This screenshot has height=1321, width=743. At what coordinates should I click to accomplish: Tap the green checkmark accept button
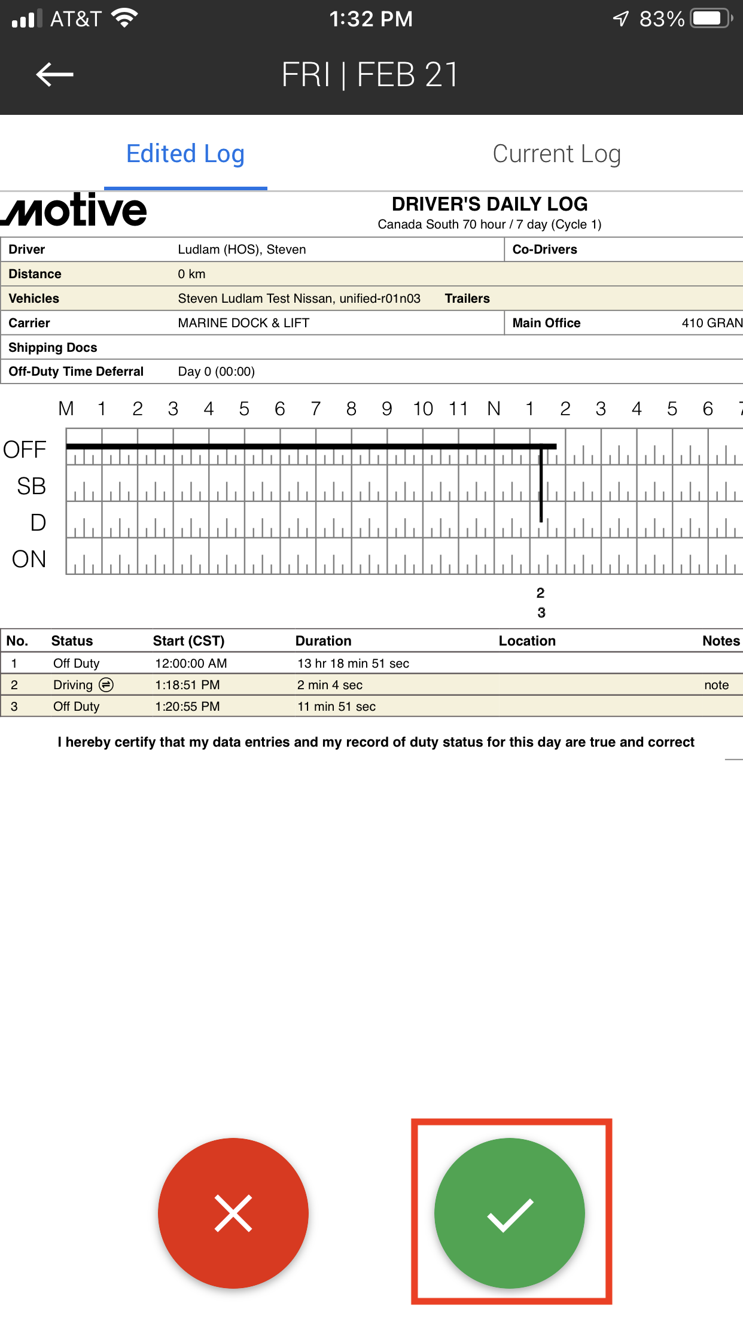tap(509, 1213)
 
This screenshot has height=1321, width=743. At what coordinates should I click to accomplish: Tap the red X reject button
tap(233, 1213)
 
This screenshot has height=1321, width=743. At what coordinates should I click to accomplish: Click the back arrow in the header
tap(54, 75)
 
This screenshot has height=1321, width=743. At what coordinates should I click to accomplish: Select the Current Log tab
tap(556, 154)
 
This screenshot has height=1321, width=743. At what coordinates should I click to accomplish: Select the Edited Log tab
tap(185, 154)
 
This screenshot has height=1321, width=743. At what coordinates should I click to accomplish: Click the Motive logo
tap(74, 210)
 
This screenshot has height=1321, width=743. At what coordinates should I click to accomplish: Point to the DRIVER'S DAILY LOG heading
tap(489, 204)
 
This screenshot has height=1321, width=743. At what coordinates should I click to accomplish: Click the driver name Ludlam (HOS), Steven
tap(242, 249)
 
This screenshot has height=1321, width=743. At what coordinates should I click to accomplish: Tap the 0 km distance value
tap(191, 274)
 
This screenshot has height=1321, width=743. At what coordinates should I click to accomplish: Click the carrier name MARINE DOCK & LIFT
tap(243, 323)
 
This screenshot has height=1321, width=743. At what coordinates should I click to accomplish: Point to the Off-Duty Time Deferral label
tap(76, 372)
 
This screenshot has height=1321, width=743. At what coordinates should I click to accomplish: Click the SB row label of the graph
tap(31, 486)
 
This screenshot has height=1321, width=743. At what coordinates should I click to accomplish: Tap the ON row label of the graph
tap(29, 559)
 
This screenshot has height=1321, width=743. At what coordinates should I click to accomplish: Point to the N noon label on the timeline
tap(494, 409)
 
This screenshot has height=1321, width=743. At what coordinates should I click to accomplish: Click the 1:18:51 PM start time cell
tap(187, 685)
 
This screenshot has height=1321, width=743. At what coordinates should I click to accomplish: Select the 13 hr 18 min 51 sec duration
tap(353, 663)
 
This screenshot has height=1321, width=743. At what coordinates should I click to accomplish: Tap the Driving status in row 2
tap(73, 685)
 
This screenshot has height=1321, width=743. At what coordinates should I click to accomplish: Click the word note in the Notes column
tap(716, 685)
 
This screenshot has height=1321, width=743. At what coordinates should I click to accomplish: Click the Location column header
tap(527, 641)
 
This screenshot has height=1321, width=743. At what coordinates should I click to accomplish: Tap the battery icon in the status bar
tap(711, 19)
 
